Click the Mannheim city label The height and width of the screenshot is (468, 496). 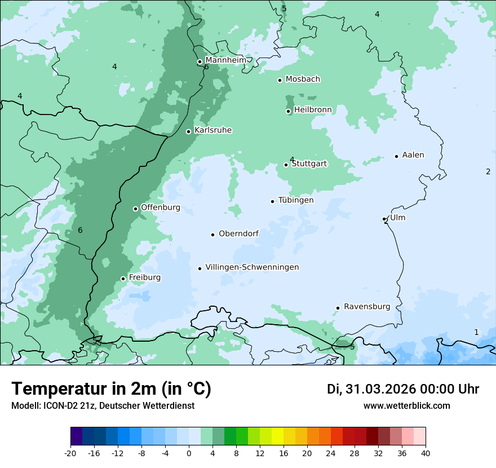[x=225, y=60]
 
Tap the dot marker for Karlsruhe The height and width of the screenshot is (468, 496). [x=189, y=131]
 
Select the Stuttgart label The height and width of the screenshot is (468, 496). [x=309, y=164]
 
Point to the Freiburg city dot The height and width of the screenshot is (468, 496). [x=123, y=279]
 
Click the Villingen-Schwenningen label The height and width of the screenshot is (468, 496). [x=252, y=267]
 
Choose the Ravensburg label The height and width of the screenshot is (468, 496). [x=367, y=307]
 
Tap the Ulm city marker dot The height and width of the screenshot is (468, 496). [x=384, y=219]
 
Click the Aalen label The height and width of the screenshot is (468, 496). [x=413, y=155]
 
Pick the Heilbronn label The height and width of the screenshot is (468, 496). [x=313, y=110]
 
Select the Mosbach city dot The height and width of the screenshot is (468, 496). [x=280, y=80]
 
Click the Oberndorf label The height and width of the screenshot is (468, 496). [x=239, y=233]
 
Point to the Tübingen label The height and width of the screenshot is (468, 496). [x=296, y=200]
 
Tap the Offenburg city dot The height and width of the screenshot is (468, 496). [x=135, y=209]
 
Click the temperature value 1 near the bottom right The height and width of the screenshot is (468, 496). [x=476, y=332]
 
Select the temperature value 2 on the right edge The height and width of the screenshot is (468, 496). [x=488, y=171]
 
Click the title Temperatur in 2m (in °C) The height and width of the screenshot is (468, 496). [x=111, y=388]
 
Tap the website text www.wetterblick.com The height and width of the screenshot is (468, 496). [x=406, y=405]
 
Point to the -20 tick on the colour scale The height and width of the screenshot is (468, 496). [x=70, y=453]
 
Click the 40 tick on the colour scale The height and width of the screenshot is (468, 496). [x=426, y=453]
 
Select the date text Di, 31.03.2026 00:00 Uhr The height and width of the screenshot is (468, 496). [x=403, y=389]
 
